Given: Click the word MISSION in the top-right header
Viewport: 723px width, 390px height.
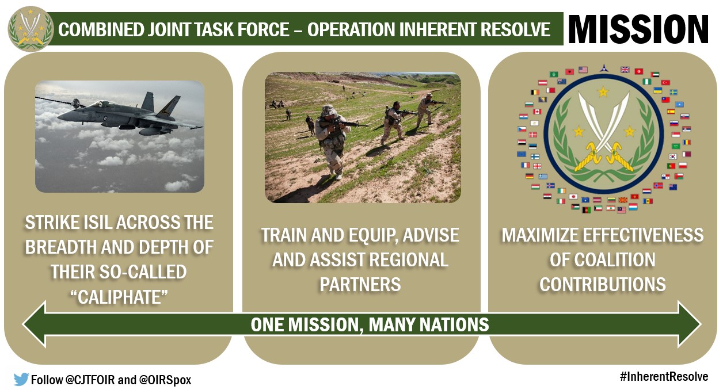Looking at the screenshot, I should click(638, 29).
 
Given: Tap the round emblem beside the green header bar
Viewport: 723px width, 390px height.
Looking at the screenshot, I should click(31, 29).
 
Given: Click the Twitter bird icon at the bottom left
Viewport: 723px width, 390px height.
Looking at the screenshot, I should click(21, 379).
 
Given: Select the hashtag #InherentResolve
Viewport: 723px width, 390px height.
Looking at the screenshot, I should click(664, 377).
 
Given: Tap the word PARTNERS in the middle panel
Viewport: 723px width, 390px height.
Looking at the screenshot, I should click(360, 284).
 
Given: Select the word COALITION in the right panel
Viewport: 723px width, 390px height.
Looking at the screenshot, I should click(602, 260).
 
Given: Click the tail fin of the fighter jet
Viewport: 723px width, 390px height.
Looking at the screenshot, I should click(168, 105).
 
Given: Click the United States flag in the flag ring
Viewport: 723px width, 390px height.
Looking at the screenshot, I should click(583, 70).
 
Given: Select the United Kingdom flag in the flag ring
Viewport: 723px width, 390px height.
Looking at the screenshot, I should click(625, 70).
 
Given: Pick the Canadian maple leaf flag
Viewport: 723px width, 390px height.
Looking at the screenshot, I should click(537, 112).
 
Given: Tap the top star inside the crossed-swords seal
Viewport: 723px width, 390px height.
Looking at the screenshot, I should click(603, 91).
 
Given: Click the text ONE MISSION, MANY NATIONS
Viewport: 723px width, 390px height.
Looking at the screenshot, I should click(370, 324).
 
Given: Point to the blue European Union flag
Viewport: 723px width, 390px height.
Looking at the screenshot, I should click(522, 154).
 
